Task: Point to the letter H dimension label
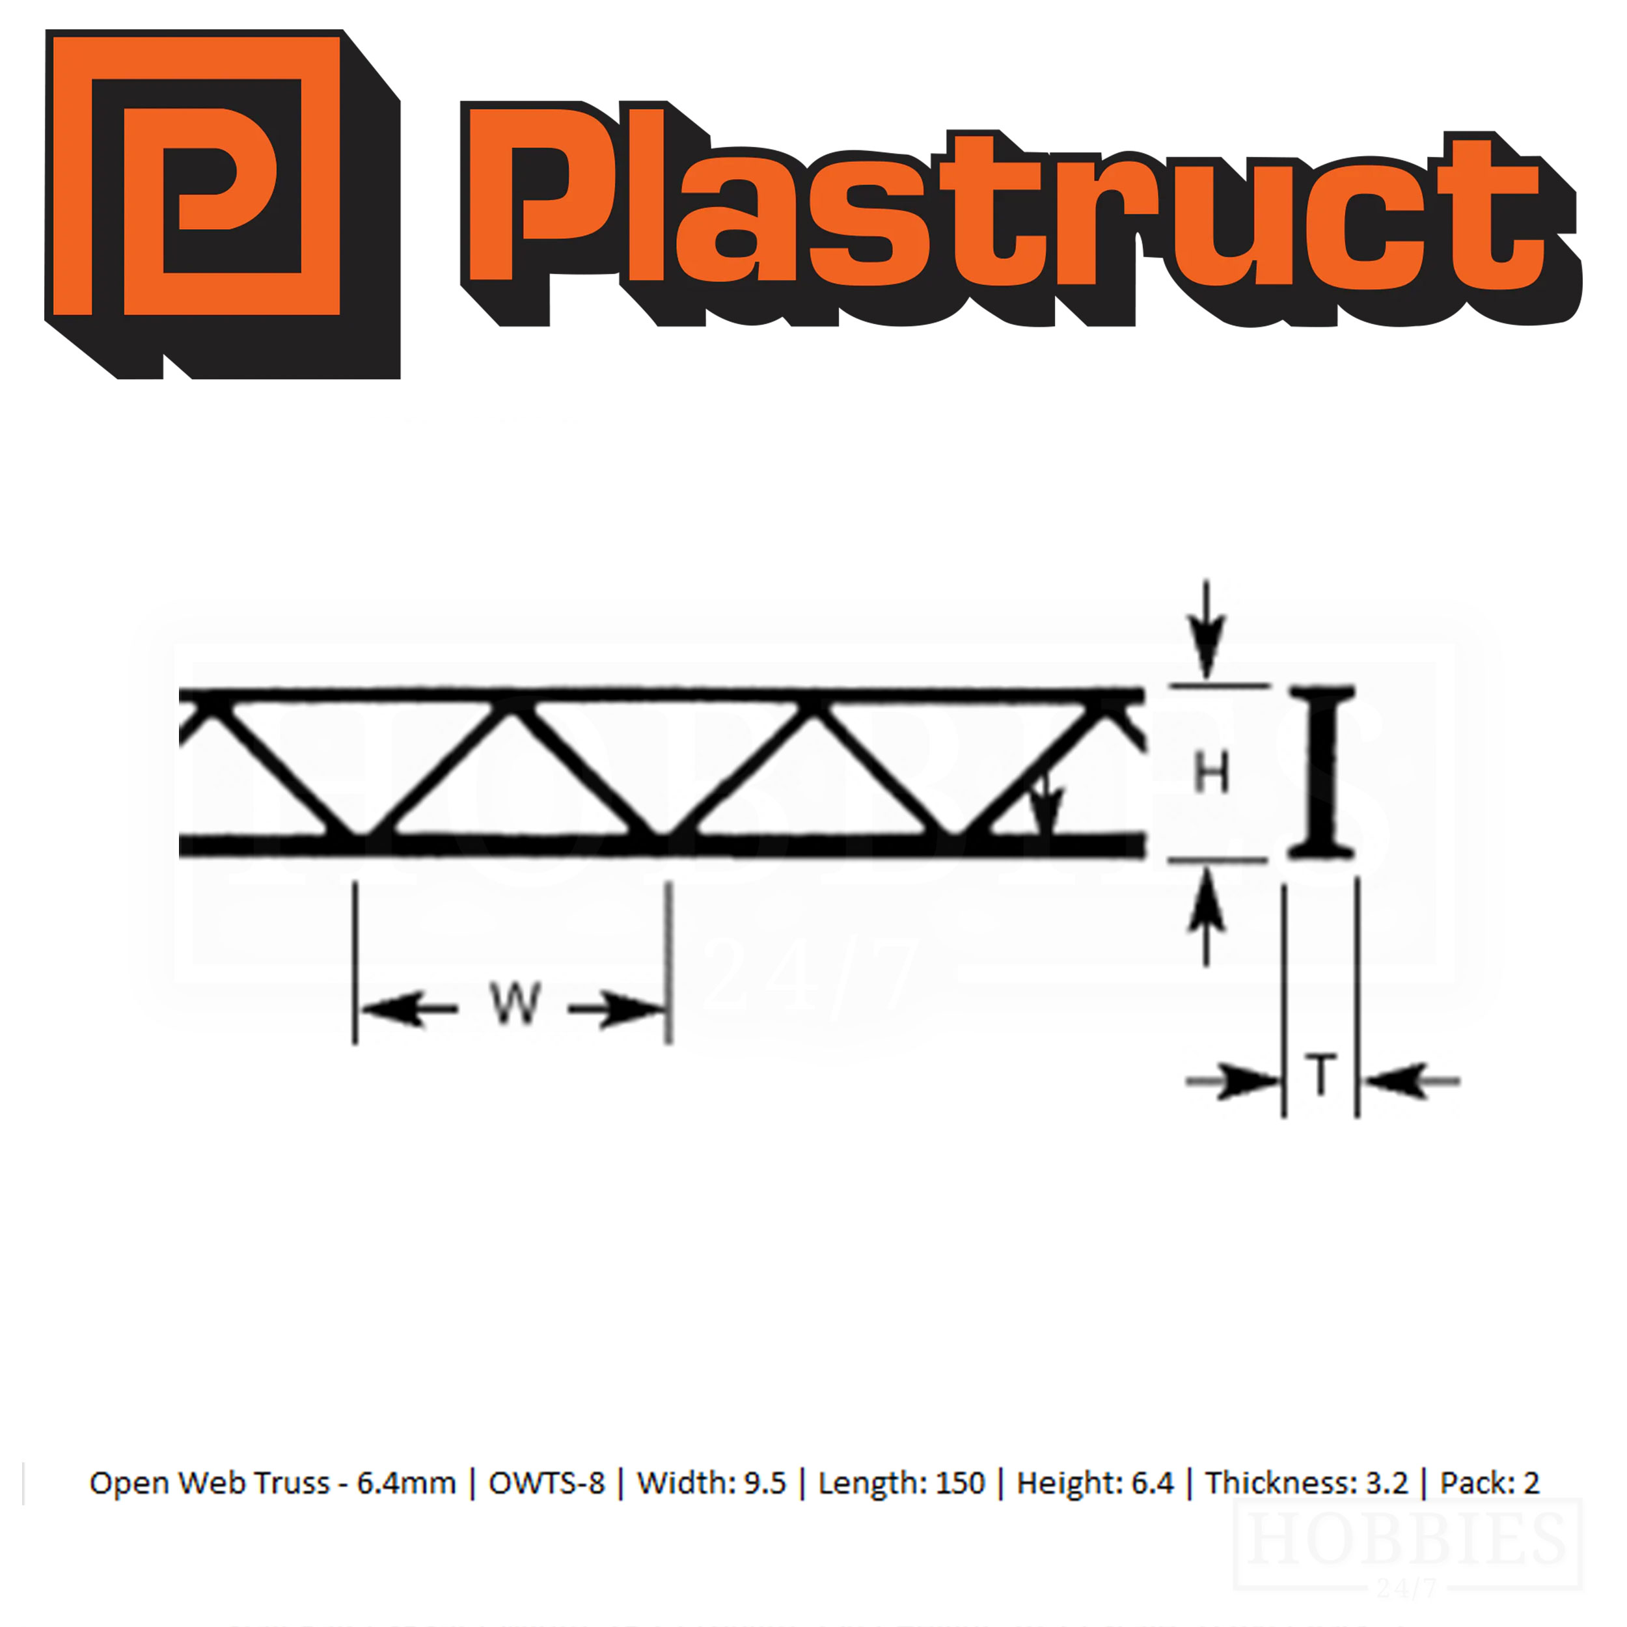tap(1211, 772)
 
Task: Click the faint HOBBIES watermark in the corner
tap(1406, 1540)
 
